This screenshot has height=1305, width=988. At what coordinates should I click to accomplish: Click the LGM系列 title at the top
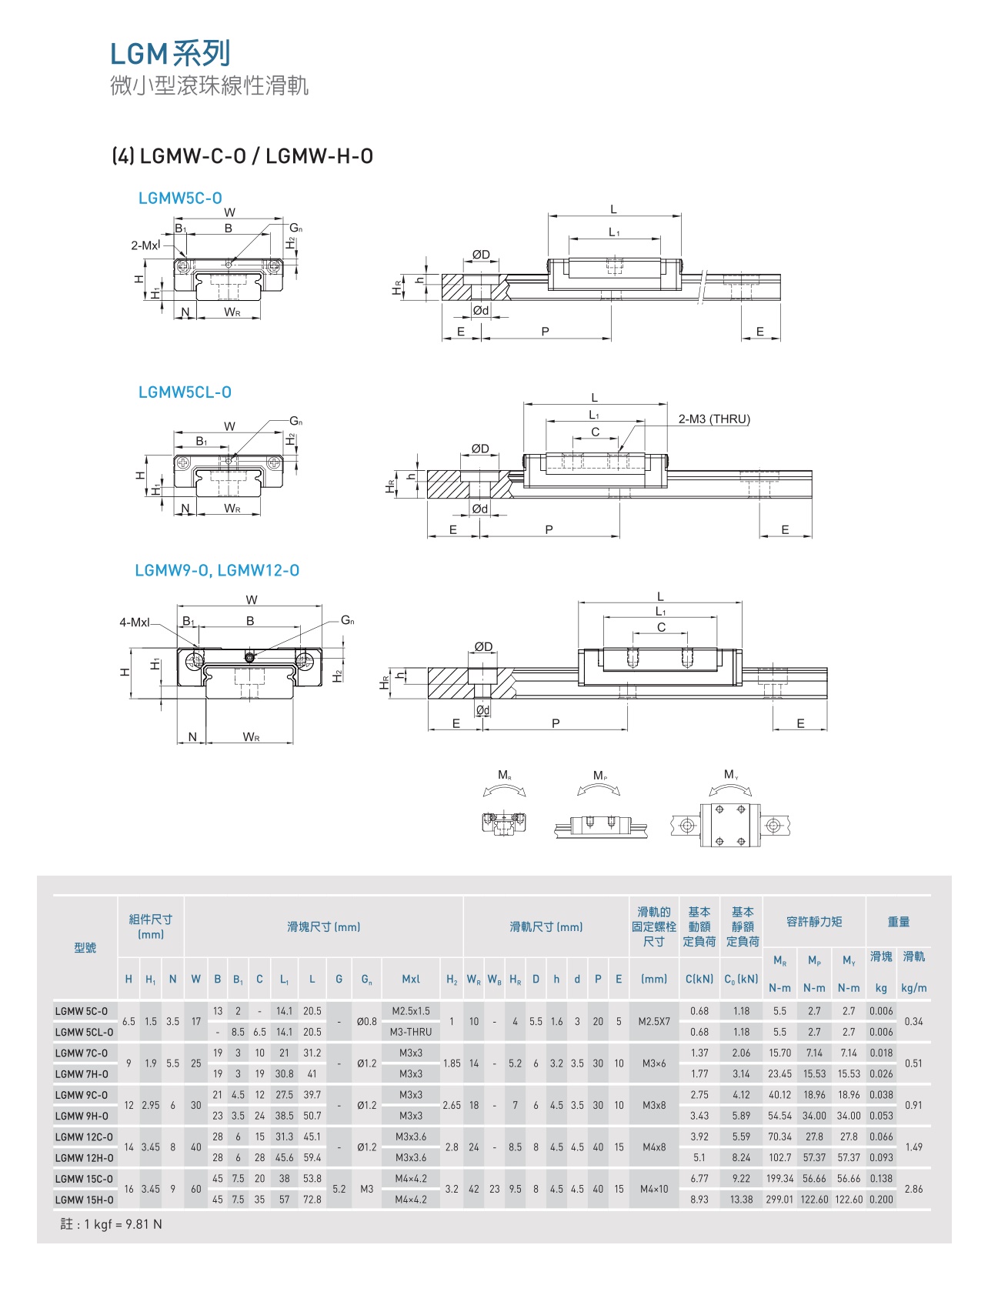(170, 54)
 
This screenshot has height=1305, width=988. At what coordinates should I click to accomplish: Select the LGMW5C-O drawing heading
(180, 198)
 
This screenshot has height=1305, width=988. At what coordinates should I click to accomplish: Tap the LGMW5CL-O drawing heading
(185, 392)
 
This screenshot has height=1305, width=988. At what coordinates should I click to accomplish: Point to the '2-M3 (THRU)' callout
(713, 419)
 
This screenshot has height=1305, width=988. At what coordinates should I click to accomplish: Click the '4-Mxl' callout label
(135, 622)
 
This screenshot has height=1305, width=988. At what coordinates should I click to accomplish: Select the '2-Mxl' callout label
(145, 245)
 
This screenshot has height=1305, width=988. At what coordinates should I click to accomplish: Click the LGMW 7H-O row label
(82, 1073)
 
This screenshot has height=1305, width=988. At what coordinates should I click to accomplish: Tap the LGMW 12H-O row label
(84, 1157)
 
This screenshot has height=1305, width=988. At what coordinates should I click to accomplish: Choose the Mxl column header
(411, 979)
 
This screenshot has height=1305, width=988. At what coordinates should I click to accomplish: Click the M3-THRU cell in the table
(411, 1032)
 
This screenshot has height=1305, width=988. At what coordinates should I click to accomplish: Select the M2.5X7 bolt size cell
(654, 1021)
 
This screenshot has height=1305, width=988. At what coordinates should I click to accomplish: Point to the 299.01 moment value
(779, 1199)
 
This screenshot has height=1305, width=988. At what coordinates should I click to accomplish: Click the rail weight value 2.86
(913, 1189)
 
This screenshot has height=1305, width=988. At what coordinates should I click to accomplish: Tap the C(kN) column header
(699, 979)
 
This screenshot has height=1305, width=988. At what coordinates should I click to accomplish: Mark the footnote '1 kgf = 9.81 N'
(112, 1224)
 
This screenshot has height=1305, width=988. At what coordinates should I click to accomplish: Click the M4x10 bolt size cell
(654, 1189)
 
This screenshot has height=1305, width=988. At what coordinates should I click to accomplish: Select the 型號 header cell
(85, 947)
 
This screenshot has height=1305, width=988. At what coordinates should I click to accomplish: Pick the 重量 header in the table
(898, 921)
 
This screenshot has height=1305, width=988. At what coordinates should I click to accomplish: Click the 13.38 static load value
(742, 1199)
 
